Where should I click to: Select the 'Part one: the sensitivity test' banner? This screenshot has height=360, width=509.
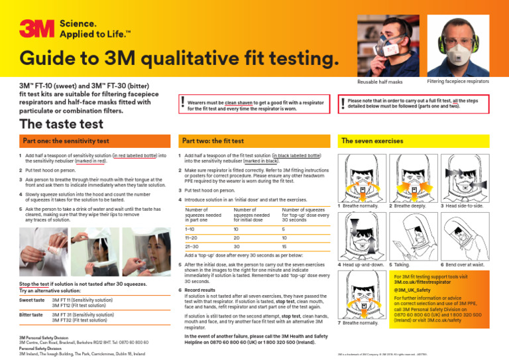coord(66,141)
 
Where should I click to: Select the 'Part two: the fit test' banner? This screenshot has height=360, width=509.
coord(216,141)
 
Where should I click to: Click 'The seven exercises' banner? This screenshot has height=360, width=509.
coord(373,141)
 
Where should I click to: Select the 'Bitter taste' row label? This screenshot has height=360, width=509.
coord(31,314)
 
